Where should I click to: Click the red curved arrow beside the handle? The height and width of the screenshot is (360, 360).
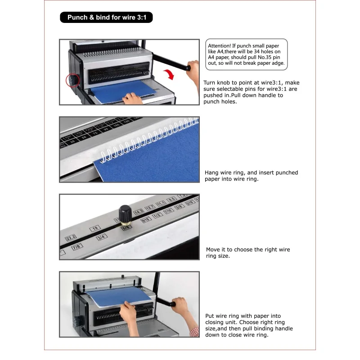coord(170,75)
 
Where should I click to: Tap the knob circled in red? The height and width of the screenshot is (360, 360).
coord(73,81)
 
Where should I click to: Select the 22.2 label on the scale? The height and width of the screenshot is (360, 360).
coord(71,238)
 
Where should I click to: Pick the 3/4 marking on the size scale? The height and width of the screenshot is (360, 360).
coord(102,237)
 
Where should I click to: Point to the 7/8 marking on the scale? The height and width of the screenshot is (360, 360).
coord(77,247)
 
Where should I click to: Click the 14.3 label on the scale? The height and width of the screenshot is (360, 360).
coord(139,212)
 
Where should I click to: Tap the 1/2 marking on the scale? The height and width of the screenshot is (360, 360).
coord(157,216)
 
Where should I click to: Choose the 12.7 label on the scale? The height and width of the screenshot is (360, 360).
coord(150,208)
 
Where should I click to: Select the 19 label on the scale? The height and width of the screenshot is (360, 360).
coord(95,228)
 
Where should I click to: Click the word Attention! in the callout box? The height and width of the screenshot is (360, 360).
coord(219,46)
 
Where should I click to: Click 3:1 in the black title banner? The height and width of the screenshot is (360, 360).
coord(142,18)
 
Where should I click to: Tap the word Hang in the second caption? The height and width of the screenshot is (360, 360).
coord(211,173)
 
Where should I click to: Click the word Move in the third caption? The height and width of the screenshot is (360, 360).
coord(213,250)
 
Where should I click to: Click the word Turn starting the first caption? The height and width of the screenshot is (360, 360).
coord(209,83)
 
